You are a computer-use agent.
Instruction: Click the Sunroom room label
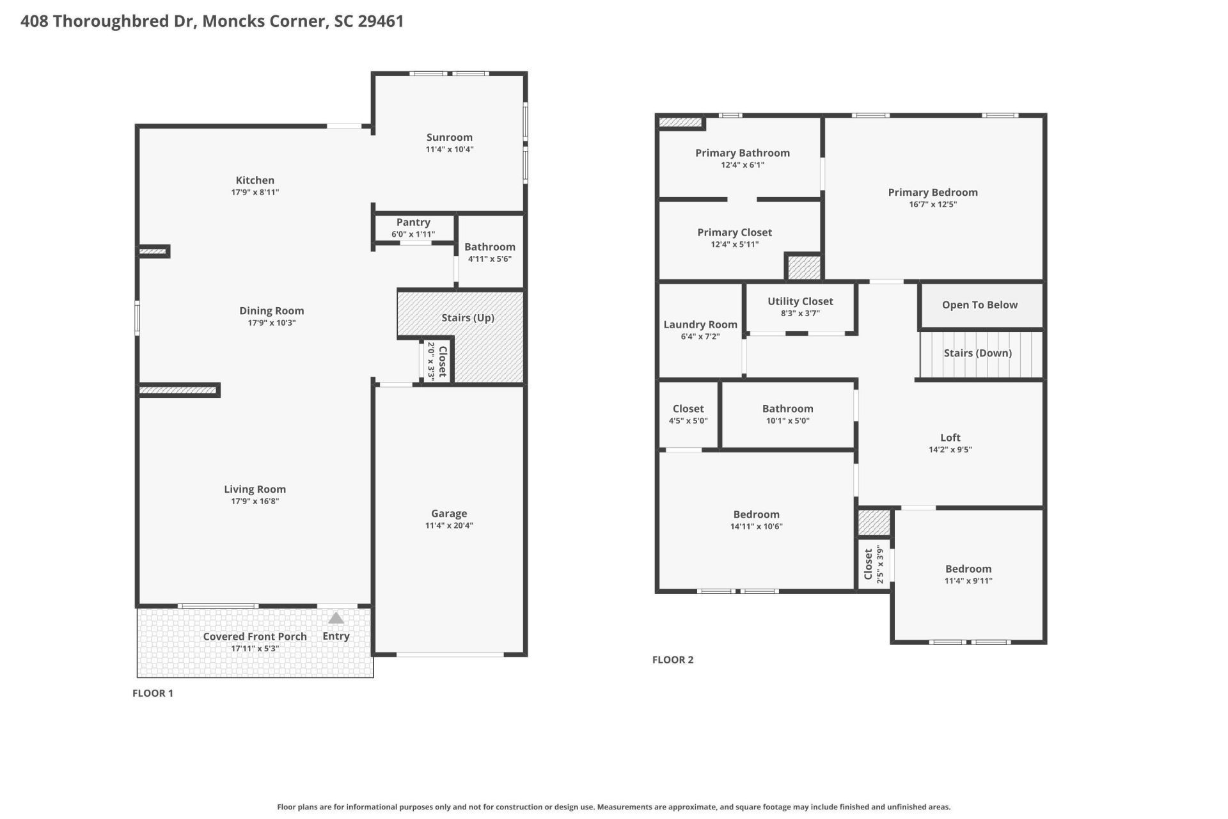449,137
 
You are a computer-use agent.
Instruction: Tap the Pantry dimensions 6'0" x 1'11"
413,234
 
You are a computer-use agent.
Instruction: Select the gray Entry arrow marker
336,618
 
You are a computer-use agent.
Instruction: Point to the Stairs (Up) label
468,317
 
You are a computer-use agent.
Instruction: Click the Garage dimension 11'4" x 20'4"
449,525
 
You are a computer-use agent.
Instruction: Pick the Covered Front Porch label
255,636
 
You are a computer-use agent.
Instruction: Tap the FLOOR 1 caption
153,693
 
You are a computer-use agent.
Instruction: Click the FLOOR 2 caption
673,660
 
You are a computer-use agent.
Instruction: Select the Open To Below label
979,305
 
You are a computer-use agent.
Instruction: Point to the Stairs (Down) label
977,353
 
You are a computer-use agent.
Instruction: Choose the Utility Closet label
800,301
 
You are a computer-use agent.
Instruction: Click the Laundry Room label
700,324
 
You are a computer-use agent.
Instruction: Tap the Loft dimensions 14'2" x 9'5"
950,449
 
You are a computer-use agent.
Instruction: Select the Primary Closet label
734,232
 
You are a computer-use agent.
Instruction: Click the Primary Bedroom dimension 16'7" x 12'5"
933,204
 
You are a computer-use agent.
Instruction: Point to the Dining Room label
271,310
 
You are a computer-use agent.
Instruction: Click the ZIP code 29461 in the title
381,21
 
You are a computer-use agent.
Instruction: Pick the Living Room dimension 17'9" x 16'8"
255,501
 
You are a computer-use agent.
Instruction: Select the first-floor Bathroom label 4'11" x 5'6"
489,247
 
